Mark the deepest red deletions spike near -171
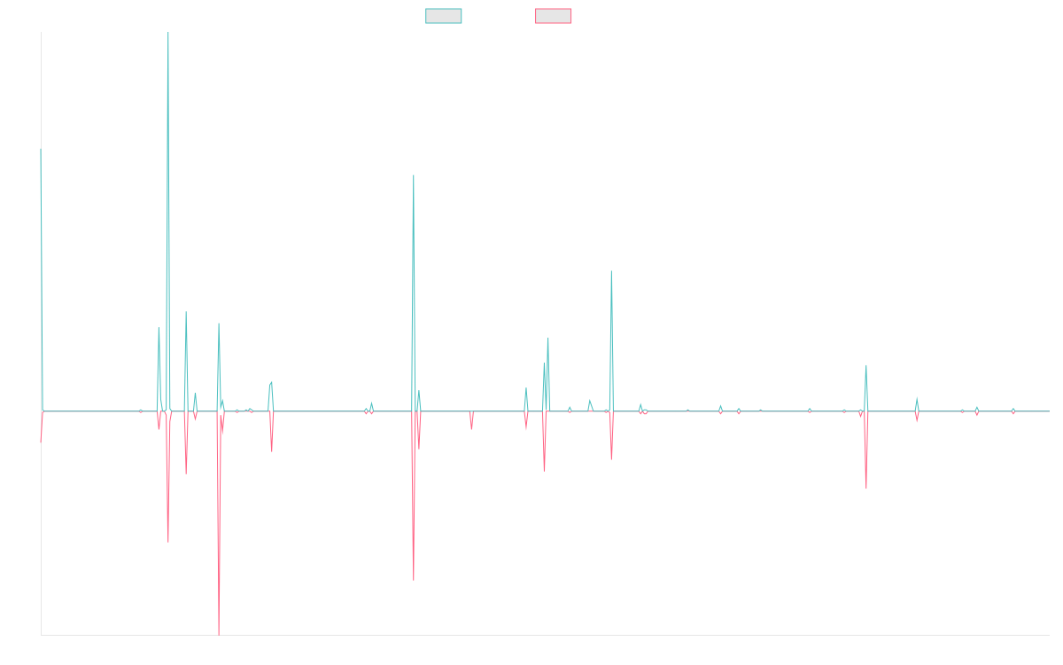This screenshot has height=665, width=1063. tap(219, 633)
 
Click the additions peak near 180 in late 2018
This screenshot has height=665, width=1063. tap(414, 176)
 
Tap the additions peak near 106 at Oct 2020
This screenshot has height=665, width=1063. tap(611, 271)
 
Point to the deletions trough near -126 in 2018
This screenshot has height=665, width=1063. tap(414, 579)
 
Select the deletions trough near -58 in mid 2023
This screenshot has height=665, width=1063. tap(866, 488)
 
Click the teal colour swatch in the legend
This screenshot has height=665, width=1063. tap(444, 16)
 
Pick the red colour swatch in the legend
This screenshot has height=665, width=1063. tap(553, 16)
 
